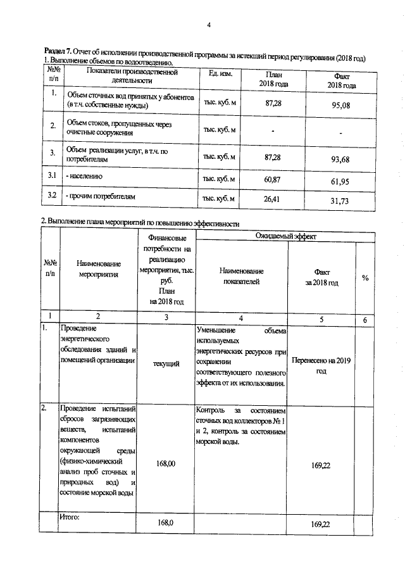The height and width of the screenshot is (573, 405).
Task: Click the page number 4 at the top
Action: tap(208, 25)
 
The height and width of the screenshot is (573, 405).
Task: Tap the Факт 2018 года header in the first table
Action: tap(341, 80)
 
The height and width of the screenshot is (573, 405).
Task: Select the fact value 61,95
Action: tap(340, 182)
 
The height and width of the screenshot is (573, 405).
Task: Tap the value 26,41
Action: tap(273, 199)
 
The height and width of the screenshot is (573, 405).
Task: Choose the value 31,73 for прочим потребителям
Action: tap(340, 201)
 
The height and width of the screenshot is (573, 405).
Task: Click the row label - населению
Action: tap(85, 177)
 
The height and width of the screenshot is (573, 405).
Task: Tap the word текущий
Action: tap(166, 363)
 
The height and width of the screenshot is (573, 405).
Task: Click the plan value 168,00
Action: tap(166, 463)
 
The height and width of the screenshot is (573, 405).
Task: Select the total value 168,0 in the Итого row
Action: tap(166, 523)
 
